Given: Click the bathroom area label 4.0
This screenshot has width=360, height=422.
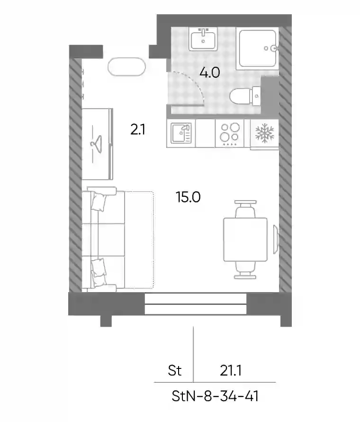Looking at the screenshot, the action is tap(209, 73).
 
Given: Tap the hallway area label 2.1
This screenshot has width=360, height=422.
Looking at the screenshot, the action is tap(138, 130).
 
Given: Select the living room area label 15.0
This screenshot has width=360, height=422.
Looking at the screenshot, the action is tap(188, 197).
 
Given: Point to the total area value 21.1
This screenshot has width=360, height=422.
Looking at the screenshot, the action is tap(231, 371).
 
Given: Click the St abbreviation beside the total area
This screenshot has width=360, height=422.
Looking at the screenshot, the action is tap(174, 371).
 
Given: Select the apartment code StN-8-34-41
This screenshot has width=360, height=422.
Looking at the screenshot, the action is tap(215, 396).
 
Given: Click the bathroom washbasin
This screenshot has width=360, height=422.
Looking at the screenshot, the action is tap(203, 39).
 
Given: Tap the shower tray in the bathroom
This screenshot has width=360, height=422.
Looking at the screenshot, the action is tap(257, 48).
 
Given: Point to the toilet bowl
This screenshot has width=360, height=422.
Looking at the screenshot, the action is tap(245, 96).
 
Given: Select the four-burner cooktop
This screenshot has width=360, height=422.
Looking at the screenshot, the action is tap(230, 134).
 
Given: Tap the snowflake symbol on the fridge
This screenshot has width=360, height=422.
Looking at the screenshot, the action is tap(265, 133).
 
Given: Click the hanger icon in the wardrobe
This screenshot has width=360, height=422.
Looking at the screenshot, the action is tap(96, 144).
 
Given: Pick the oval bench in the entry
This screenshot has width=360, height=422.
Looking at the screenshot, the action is tap(126, 67).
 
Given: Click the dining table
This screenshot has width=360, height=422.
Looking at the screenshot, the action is tap(245, 239).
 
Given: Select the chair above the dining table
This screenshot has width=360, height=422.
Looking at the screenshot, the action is tap(245, 209).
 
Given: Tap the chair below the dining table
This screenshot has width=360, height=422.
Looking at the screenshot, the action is tap(245, 270).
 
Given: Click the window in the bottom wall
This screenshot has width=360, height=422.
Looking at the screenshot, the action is tap(196, 304).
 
